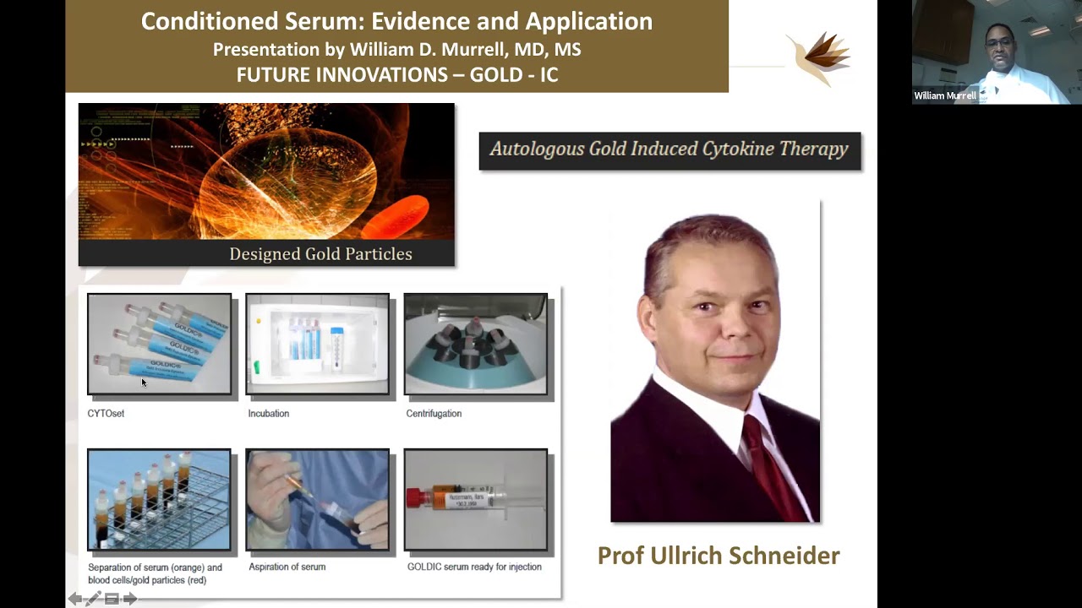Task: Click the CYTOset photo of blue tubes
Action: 159,344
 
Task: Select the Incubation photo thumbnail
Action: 317,344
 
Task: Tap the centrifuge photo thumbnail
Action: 475,344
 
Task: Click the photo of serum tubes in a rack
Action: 159,499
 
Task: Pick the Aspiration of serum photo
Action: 317,499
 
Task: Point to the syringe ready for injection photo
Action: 475,499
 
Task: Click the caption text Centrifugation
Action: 434,414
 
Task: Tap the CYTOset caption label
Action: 106,414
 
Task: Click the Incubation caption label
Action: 269,414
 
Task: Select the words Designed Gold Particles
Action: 320,254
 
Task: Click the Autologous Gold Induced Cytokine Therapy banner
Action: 669,150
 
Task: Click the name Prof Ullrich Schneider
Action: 719,556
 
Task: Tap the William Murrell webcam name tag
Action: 944,95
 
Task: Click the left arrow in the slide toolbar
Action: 74,599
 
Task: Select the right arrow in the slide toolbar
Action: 130,599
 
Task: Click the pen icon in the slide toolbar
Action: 93,599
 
